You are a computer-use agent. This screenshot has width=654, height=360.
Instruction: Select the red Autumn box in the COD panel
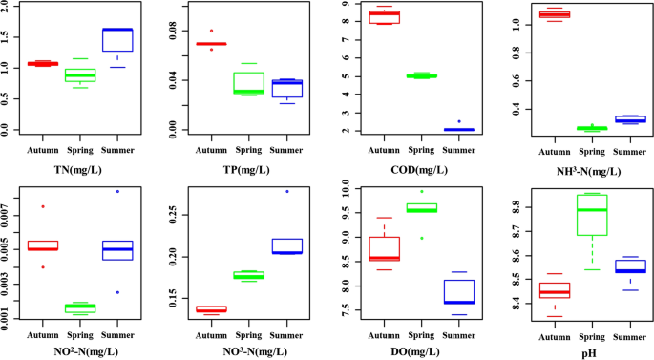[x=384, y=16]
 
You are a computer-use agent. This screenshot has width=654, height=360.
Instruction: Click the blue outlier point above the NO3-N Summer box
[x=287, y=191]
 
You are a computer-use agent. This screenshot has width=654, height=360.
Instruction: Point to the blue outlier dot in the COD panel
[x=459, y=121]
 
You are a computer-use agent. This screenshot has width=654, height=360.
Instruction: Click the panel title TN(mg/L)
[x=82, y=171]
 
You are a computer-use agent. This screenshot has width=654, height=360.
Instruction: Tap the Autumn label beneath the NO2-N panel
[x=41, y=333]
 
